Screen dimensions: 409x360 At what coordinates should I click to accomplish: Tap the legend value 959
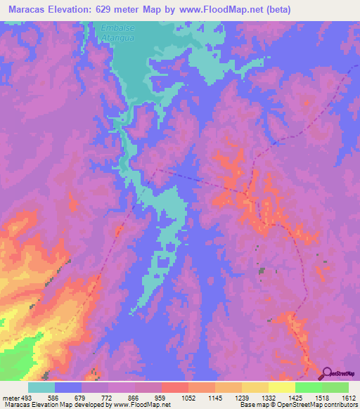coord(162,398)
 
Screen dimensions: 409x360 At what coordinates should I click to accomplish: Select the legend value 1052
coord(188,398)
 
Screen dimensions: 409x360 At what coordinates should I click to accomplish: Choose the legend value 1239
coord(242,398)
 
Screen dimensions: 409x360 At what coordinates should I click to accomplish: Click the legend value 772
coord(108,398)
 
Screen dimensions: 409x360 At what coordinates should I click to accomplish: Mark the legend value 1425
coord(295,398)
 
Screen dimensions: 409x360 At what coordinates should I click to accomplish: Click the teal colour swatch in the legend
coord(41,387)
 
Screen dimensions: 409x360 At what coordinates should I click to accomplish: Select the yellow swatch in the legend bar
coord(282,387)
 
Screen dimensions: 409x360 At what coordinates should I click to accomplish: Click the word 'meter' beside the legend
coord(10,398)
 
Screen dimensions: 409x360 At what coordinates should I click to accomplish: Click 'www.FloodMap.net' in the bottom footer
coord(144,405)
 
